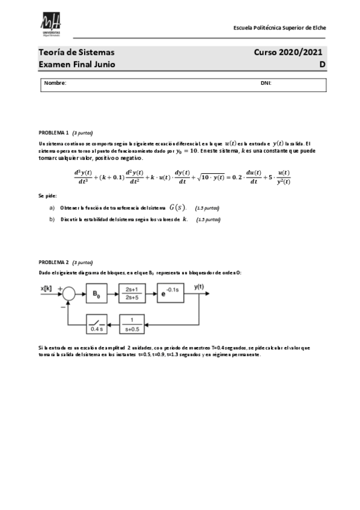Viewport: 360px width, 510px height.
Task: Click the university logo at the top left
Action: pos(52,27)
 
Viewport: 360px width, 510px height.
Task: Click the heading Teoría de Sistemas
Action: pos(76,53)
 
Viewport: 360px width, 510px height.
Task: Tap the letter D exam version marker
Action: pos(322,64)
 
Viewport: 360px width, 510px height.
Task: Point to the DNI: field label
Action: pos(266,83)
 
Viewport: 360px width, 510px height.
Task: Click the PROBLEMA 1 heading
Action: pos(54,132)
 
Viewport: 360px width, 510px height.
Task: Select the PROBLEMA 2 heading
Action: pos(54,263)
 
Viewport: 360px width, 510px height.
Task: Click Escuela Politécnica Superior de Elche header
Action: pos(280,28)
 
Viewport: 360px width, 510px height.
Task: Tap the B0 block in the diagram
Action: pos(96,294)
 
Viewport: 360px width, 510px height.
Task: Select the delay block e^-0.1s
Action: pos(172,294)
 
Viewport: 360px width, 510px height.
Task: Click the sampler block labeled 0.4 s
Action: pos(96,324)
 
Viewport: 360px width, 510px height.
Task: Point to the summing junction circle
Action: pos(69,294)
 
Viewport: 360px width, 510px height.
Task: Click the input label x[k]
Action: pos(47,288)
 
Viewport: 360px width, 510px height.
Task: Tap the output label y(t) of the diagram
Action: pos(200,287)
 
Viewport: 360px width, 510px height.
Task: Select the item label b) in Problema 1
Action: pos(52,220)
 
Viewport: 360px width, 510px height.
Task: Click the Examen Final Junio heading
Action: pos(77,64)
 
